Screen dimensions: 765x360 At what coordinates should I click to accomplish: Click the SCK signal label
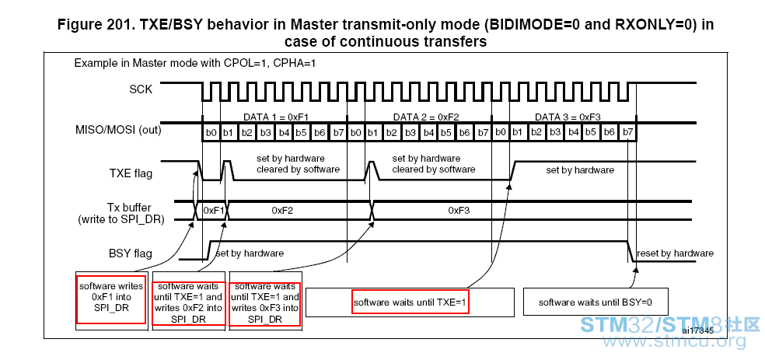coord(141,89)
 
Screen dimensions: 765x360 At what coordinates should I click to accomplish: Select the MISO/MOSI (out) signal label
coord(118,131)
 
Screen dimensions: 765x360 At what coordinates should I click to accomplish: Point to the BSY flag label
coord(130,253)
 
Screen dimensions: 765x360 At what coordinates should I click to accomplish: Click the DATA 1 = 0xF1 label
coord(276,117)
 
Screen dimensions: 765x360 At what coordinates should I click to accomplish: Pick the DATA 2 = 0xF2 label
coord(426,117)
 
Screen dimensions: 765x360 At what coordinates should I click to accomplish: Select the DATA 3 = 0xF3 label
coord(568,117)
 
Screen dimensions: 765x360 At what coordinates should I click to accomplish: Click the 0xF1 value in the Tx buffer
coord(213,210)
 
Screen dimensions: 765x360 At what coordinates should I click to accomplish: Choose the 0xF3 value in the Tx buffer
coord(459,210)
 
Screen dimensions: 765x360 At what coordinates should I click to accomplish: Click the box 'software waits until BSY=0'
coord(596,302)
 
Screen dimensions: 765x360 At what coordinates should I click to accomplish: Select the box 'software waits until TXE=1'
coord(410,302)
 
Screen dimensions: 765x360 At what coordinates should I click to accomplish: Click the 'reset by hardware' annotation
coord(676,253)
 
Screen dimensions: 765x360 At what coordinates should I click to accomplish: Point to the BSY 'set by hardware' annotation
coord(250,253)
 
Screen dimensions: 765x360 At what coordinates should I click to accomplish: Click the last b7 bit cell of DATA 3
coord(628,132)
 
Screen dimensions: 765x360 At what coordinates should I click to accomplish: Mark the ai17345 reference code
coord(698,330)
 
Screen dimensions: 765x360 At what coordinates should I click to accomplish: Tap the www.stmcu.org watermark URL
coord(675,341)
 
